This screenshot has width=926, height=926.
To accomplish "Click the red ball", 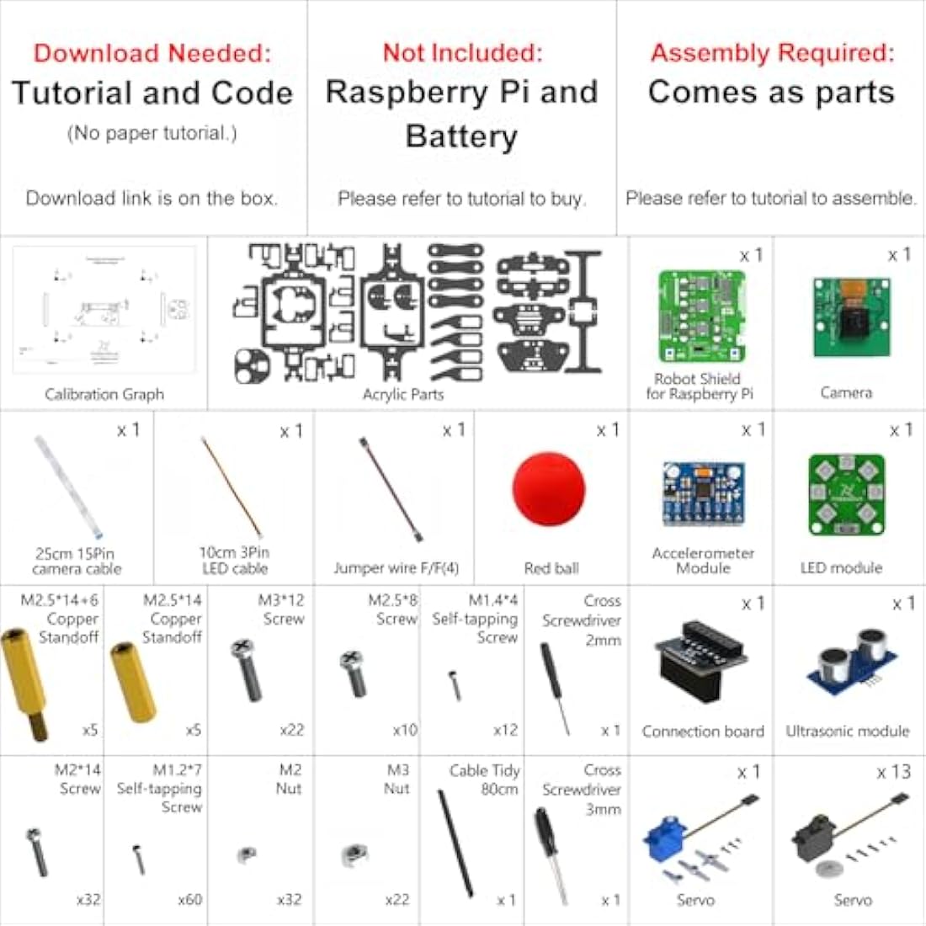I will [549, 489].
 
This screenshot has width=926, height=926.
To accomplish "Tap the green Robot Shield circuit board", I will [701, 316].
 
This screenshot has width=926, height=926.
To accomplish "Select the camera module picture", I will [851, 318].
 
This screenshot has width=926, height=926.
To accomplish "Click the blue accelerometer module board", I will [703, 493].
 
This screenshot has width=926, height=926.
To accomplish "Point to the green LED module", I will [846, 495].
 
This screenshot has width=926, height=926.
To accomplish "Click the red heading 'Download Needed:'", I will [152, 53].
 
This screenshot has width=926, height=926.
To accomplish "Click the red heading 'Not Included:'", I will [462, 53].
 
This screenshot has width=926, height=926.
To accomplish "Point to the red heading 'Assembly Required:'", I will [771, 53].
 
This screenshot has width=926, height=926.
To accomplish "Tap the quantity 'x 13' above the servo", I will [893, 772].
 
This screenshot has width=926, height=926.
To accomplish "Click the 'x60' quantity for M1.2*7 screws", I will [189, 899].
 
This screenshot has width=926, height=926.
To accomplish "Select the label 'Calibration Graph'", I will [104, 394].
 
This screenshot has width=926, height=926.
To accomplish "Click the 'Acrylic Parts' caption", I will [402, 394].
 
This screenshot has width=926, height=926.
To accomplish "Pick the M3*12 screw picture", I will [247, 669].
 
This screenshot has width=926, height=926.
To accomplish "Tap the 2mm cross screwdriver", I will [554, 686].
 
